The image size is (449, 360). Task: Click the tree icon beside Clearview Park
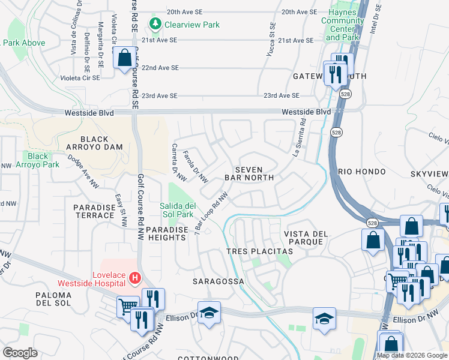(156, 24)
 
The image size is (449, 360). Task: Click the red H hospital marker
(136, 278)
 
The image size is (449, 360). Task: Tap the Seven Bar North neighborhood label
(249, 173)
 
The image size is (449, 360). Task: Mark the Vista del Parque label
(304, 237)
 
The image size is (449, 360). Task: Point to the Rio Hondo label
(362, 172)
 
